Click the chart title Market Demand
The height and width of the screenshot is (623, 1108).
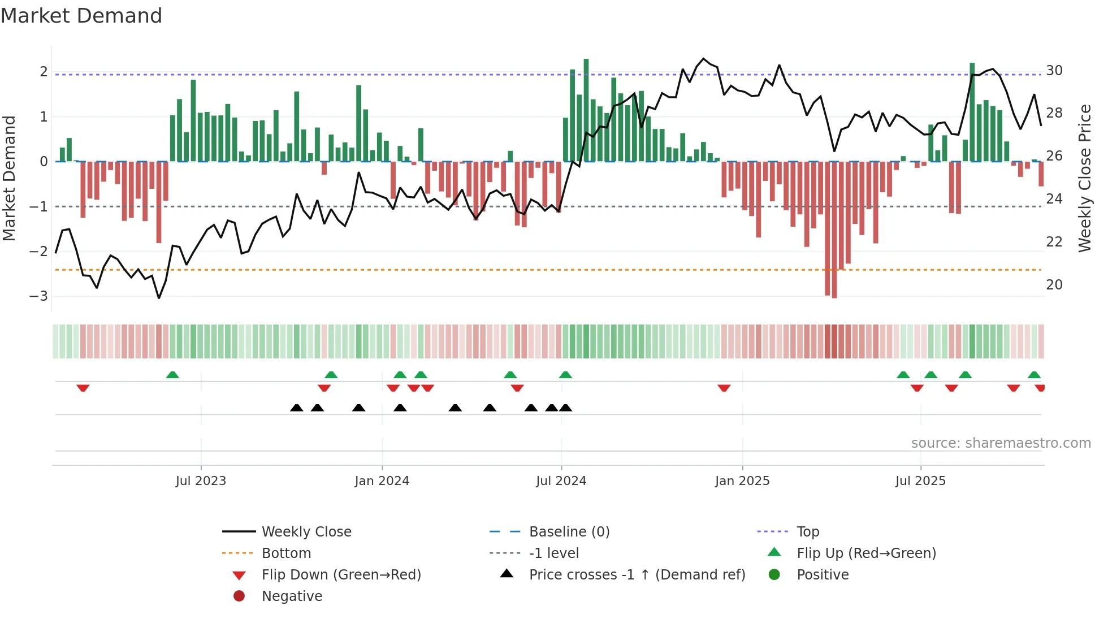81,16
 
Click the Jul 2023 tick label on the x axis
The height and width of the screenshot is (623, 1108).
201,481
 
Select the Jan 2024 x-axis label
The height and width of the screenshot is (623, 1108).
382,481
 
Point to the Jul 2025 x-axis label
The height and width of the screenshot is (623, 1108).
920,481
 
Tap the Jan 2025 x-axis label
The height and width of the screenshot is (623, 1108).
742,481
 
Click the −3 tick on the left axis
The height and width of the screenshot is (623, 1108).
38,296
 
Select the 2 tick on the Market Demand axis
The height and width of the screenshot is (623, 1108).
44,72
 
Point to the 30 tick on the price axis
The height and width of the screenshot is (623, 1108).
1054,71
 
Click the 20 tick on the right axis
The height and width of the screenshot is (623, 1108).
1054,284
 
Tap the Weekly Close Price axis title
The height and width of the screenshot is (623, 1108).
1084,178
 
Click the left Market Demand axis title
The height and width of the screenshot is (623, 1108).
10,178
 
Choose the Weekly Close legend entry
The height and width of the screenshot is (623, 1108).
306,531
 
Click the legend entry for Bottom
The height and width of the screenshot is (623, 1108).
286,553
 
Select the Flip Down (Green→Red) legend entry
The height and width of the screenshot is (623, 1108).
341,574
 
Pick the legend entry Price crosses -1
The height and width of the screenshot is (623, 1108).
637,574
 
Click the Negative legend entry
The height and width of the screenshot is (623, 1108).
292,596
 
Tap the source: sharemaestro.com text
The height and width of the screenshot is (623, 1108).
1001,443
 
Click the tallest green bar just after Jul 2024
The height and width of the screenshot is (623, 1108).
586,110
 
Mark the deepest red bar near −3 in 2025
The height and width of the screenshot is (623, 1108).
834,230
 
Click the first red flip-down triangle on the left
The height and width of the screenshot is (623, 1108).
83,388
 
